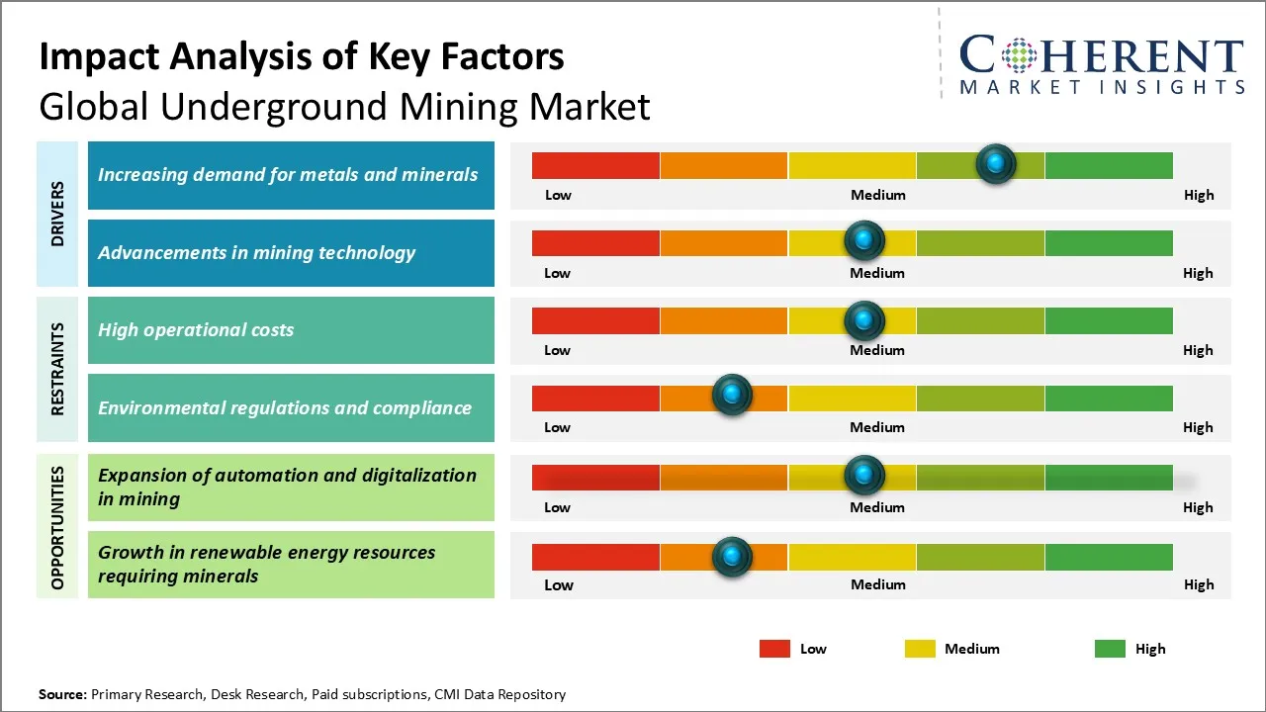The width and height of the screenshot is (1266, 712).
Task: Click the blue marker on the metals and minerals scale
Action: (996, 163)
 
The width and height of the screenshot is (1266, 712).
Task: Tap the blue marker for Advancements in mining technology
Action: (864, 240)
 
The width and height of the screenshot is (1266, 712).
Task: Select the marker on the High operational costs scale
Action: (864, 320)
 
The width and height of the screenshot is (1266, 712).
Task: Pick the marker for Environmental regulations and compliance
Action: (732, 396)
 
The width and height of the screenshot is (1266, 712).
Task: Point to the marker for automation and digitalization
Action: (864, 476)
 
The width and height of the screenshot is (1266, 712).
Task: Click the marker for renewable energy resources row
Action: (732, 557)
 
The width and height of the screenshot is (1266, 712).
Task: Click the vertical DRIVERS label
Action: (57, 213)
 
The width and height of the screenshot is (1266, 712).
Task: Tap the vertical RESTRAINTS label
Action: (57, 368)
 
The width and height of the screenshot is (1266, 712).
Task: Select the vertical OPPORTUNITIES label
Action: (57, 528)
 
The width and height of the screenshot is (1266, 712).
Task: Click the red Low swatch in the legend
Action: (774, 649)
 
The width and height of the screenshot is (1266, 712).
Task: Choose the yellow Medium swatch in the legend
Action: (920, 649)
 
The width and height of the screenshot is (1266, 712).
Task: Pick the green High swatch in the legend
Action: (1110, 649)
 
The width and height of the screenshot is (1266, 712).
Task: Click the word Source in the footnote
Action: (62, 694)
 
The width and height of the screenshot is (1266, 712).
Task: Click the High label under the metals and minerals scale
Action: (1199, 195)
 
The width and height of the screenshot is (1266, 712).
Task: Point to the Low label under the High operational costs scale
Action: (557, 350)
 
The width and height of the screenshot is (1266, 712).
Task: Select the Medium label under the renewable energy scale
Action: (878, 584)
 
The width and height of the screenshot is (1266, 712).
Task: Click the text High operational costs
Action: (196, 330)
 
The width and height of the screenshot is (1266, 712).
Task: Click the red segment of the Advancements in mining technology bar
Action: (595, 242)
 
